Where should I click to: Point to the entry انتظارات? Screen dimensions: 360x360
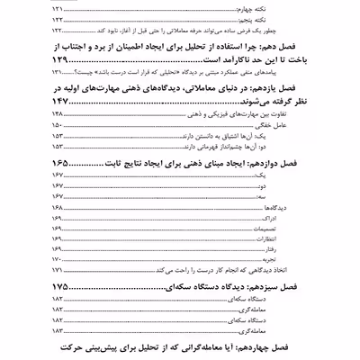[329, 241]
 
